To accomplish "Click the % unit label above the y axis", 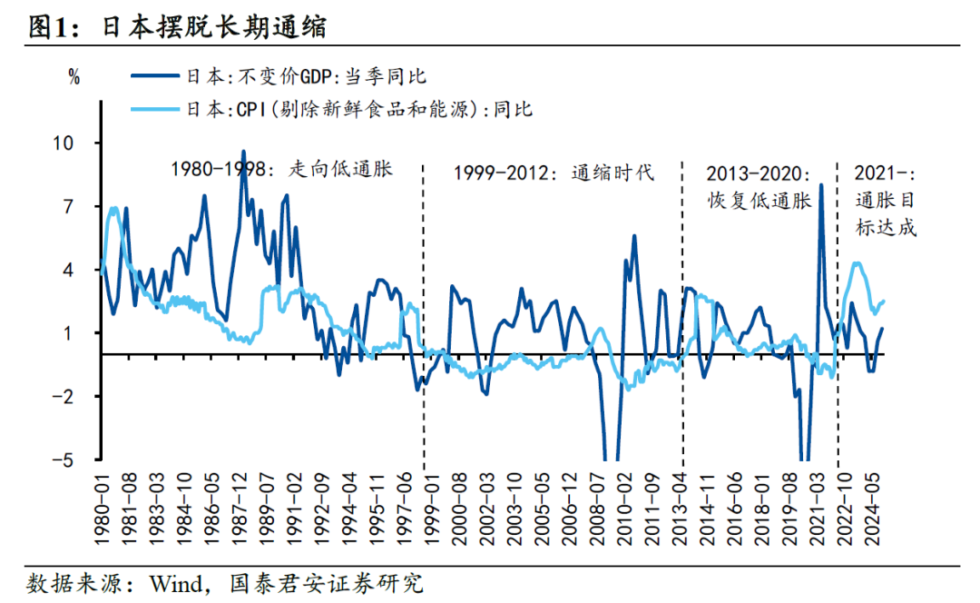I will [x=74, y=77].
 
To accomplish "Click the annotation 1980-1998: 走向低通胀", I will [x=282, y=168].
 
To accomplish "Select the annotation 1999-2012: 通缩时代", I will [x=554, y=173].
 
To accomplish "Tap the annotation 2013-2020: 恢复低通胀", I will [x=759, y=187].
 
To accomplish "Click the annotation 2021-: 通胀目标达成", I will [x=886, y=200].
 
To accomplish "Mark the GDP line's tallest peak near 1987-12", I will [x=243, y=152].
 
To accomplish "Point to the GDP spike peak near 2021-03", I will [x=821, y=185].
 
